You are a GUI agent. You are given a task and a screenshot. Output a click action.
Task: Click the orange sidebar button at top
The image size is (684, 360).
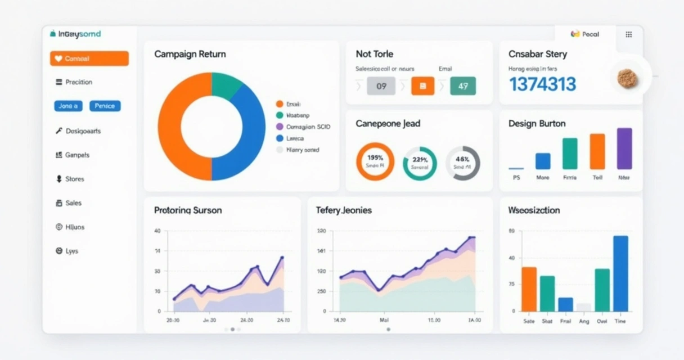pos(89,58)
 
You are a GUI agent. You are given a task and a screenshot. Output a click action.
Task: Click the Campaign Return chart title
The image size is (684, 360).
pos(190,55)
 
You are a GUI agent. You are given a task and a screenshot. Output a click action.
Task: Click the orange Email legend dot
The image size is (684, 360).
pos(279,104)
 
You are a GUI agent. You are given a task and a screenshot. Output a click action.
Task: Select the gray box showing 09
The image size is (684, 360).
pos(381,86)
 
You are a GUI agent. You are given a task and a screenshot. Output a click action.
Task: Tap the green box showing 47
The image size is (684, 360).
pos(462,86)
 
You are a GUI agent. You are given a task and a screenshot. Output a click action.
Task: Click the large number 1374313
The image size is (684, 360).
pos(542,84)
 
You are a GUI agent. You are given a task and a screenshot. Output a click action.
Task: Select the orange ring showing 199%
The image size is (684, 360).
pos(375,161)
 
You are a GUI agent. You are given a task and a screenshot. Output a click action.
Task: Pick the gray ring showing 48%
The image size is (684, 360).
pos(462,163)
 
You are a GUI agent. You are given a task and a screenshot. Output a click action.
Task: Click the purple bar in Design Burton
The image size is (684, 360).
pos(624,148)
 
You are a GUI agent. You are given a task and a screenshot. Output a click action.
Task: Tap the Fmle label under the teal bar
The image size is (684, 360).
pos(570,177)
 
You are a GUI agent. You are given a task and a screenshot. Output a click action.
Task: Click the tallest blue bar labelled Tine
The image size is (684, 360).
pos(620,273)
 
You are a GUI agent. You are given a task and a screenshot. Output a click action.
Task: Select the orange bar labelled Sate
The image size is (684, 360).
pos(529,289)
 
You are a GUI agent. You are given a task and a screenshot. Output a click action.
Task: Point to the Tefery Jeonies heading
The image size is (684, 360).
pos(343,210)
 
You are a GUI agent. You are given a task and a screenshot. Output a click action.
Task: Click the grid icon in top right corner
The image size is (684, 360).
pos(629,34)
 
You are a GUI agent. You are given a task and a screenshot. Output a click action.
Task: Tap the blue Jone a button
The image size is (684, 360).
pos(68,106)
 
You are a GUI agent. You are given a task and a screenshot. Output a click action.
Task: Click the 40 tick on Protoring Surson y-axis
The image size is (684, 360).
pos(157,231)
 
